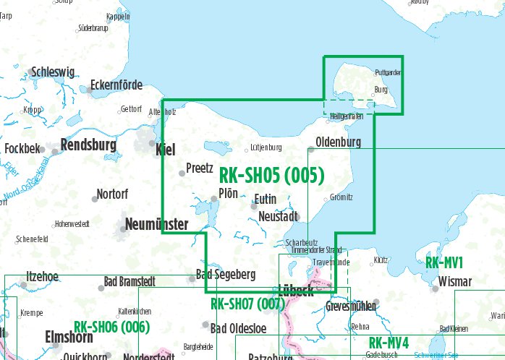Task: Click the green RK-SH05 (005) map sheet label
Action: click(271, 175)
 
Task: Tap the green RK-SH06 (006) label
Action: click(111, 327)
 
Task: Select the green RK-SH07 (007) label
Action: click(247, 304)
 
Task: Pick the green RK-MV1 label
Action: click(444, 262)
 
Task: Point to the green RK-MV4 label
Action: click(389, 343)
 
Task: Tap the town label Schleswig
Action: click(53, 72)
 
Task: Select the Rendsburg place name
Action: click(89, 145)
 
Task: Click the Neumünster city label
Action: click(157, 224)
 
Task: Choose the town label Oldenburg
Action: click(339, 142)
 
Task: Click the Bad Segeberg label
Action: click(226, 275)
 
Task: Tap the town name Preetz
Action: click(199, 168)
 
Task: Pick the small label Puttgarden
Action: click(389, 73)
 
